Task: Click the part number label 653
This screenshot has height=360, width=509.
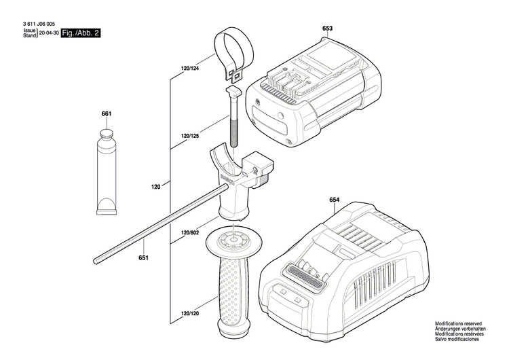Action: [327, 29]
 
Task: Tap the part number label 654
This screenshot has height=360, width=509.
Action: [334, 200]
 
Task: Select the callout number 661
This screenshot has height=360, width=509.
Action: [107, 113]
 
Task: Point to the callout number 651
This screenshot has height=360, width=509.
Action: [143, 257]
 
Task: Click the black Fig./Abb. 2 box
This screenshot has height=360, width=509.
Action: [80, 33]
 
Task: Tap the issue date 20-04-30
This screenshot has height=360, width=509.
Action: [48, 33]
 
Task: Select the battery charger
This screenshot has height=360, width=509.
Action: [346, 272]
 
